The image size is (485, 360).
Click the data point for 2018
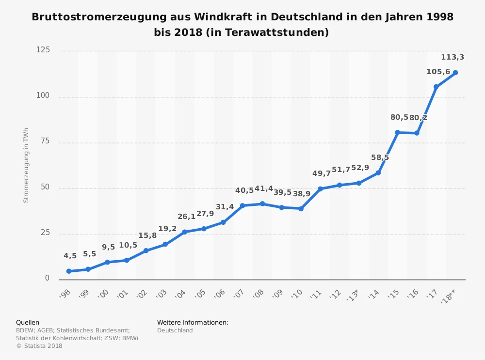pyautogui.click(x=455, y=73)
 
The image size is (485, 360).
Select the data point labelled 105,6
pyautogui.click(x=436, y=87)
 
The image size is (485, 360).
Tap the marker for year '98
pyautogui.click(x=69, y=271)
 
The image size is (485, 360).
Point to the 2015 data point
pyautogui.click(x=397, y=132)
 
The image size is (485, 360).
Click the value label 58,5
pyautogui.click(x=380, y=157)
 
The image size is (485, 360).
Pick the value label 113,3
pyautogui.click(x=452, y=57)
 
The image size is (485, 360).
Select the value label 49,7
pyautogui.click(x=321, y=173)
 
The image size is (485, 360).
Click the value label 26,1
pyautogui.click(x=186, y=216)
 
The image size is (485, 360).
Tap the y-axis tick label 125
pyautogui.click(x=43, y=50)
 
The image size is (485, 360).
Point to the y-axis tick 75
pyautogui.click(x=45, y=141)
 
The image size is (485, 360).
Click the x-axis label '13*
pyautogui.click(x=353, y=295)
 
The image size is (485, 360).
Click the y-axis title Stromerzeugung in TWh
pyautogui.click(x=26, y=165)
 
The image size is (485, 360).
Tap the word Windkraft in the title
pyautogui.click(x=226, y=17)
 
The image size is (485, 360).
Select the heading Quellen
pyautogui.click(x=28, y=322)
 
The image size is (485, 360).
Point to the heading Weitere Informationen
pyautogui.click(x=193, y=322)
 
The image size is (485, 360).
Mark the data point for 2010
pyautogui.click(x=301, y=209)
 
